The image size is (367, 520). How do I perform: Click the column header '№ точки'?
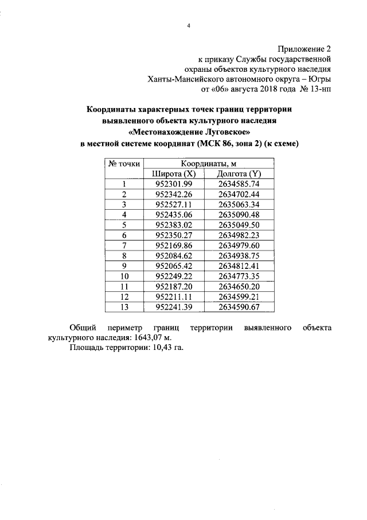point(124,164)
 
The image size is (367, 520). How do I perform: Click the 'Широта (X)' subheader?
point(174,174)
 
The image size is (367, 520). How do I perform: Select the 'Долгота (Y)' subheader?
point(239,174)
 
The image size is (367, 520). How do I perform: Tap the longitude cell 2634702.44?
point(239,194)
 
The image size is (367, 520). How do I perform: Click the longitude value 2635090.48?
point(239,214)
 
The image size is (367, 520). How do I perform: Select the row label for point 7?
point(124,245)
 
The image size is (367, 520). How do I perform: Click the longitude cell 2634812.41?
point(239,265)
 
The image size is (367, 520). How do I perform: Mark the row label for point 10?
point(124,276)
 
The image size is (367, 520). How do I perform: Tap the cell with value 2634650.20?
point(239,286)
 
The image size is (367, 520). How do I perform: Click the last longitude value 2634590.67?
point(239,306)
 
